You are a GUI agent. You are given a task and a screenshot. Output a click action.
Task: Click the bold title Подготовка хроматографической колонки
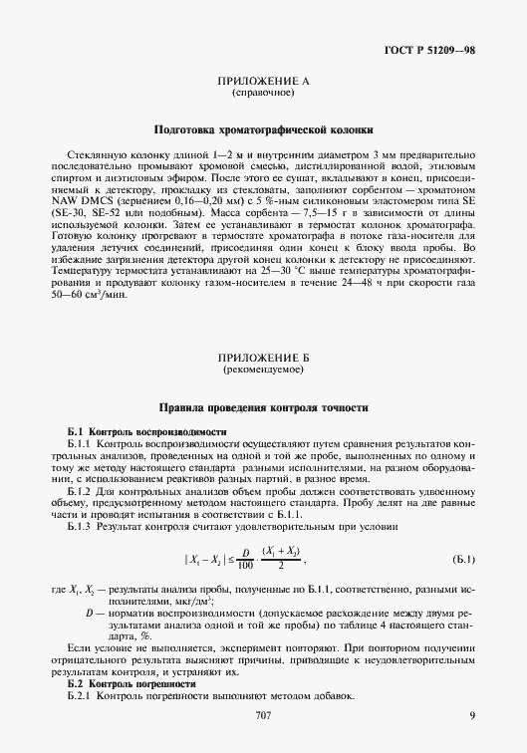pyautogui.click(x=263, y=129)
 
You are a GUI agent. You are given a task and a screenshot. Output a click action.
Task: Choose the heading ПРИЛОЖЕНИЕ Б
pyautogui.click(x=262, y=360)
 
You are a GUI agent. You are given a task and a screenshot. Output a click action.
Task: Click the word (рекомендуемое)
pyautogui.click(x=262, y=371)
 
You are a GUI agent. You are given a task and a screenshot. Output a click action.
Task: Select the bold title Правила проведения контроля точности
pyautogui.click(x=263, y=407)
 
